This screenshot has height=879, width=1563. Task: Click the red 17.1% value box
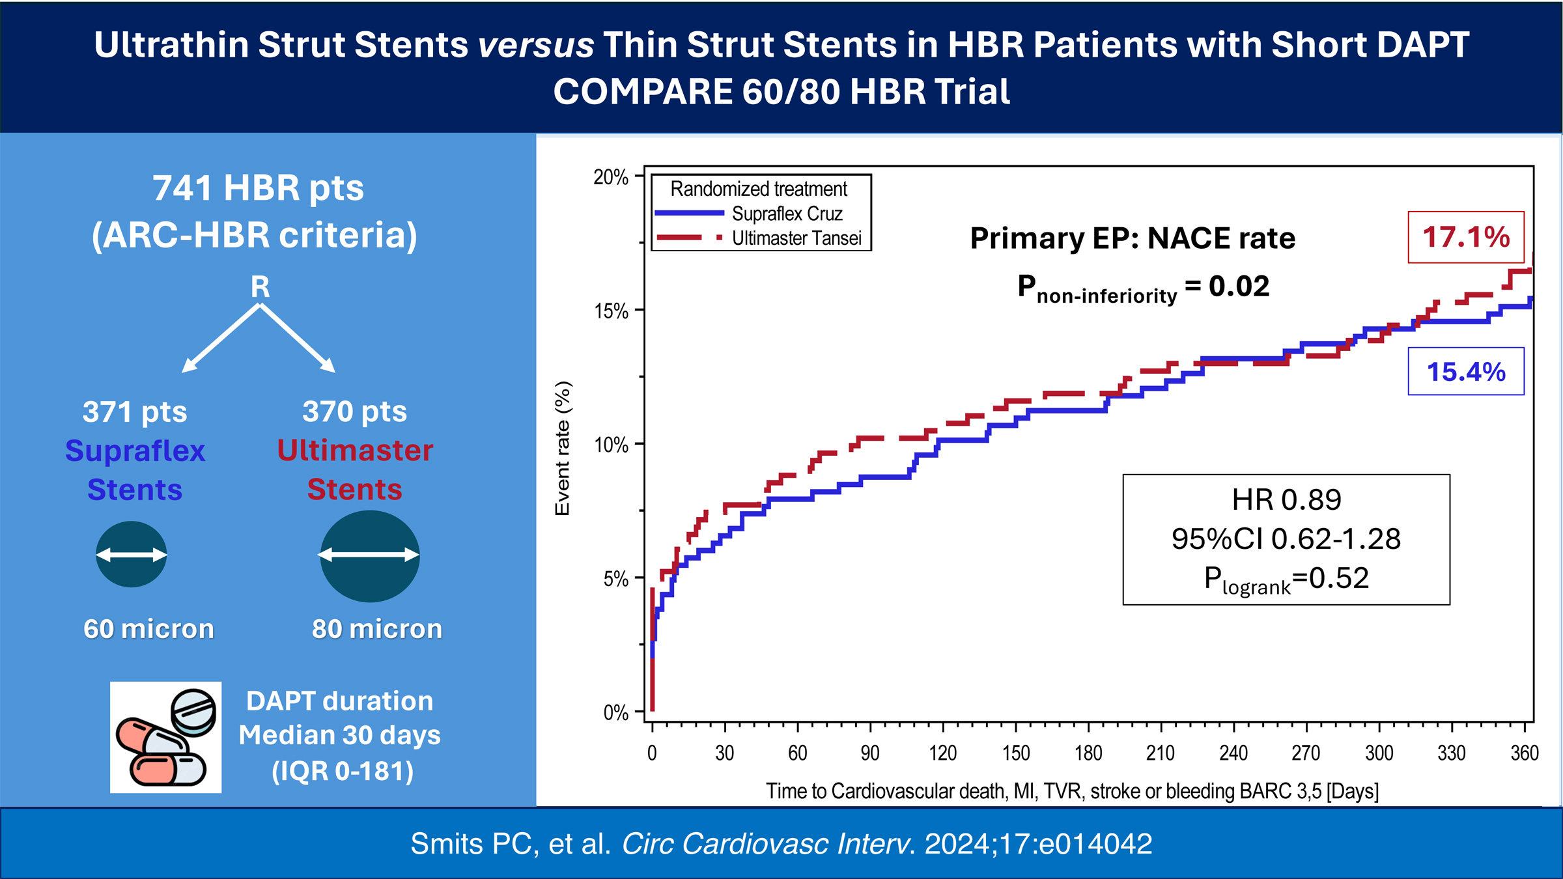pos(1465,237)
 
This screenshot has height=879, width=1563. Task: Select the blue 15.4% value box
pos(1466,372)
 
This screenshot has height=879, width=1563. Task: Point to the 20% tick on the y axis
pos(611,177)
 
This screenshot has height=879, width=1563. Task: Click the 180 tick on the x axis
pos(1088,753)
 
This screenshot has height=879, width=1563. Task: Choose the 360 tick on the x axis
pos(1524,753)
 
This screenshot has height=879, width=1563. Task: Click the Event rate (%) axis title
pos(563,448)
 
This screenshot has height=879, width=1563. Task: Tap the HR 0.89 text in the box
pos(1286,500)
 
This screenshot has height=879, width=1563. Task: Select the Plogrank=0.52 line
pos(1286,579)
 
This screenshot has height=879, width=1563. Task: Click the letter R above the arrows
pos(260,287)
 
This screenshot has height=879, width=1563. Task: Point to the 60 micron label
pos(148,629)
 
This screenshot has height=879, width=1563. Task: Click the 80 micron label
pos(377,629)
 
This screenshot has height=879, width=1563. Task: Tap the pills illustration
pos(165,737)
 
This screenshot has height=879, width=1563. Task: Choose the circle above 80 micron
pos(369,555)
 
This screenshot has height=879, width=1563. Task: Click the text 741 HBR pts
pos(258,188)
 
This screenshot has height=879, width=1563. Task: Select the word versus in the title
pos(535,45)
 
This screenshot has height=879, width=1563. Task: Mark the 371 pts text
pos(135,412)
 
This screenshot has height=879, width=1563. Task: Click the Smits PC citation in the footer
pos(781,844)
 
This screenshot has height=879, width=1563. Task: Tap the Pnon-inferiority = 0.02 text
pos(1143,288)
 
